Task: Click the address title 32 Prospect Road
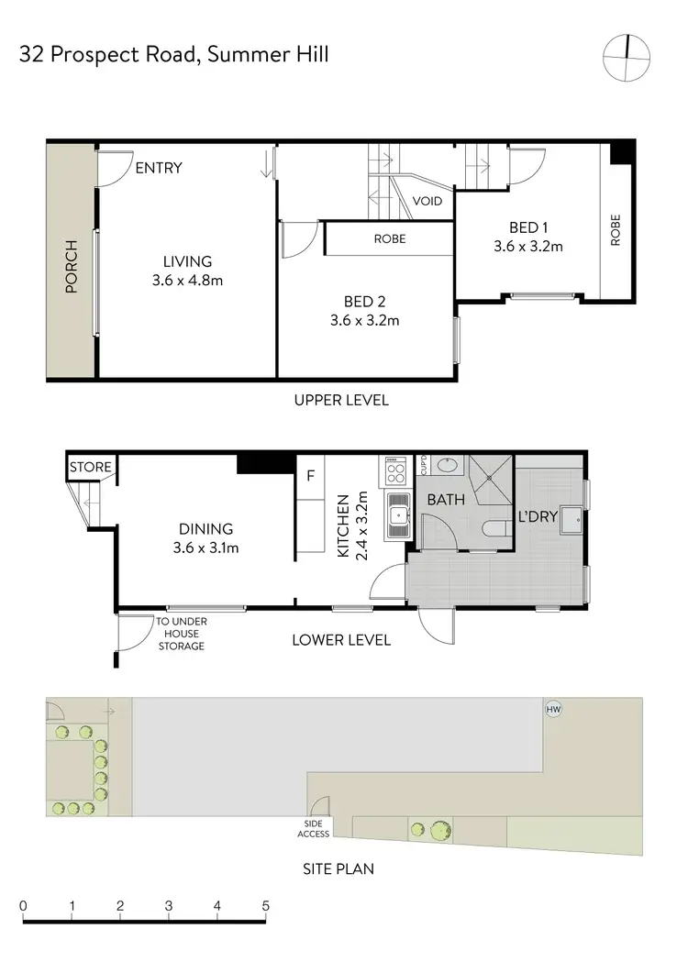click(173, 55)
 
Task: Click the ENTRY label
click(159, 168)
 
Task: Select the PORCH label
click(71, 267)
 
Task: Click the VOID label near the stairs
click(427, 201)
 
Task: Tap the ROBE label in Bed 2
click(389, 238)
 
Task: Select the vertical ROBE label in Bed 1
click(615, 232)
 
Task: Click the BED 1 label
click(527, 228)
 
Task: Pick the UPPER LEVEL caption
click(341, 400)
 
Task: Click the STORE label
click(91, 468)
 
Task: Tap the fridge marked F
click(311, 477)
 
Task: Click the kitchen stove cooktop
click(395, 472)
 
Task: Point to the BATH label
click(445, 500)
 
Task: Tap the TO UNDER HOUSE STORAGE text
click(181, 634)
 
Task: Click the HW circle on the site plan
click(552, 710)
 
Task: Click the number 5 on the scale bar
click(265, 906)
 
